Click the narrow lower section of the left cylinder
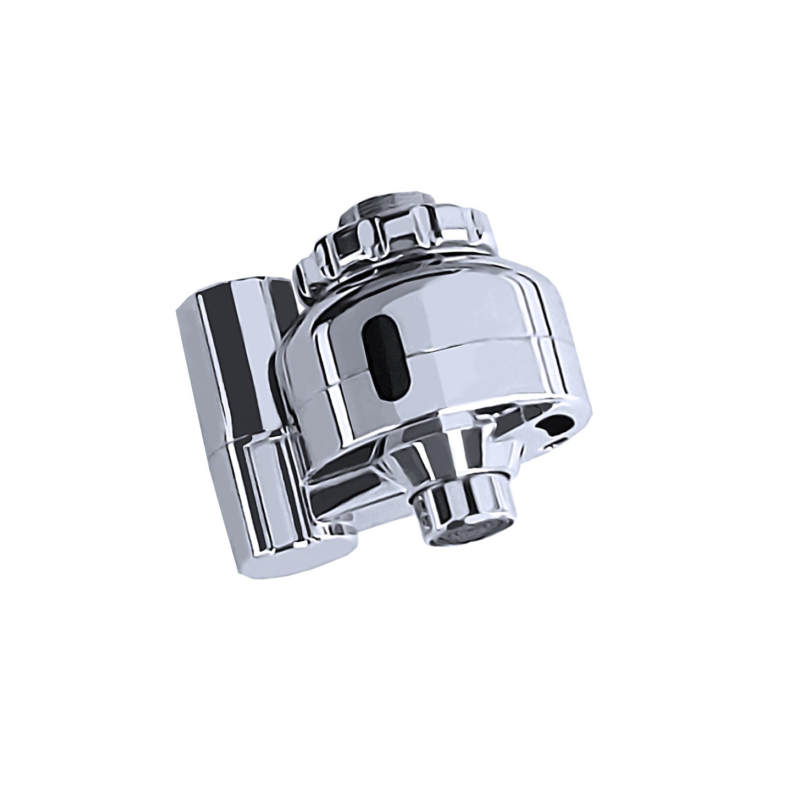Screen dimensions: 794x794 [264, 495]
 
